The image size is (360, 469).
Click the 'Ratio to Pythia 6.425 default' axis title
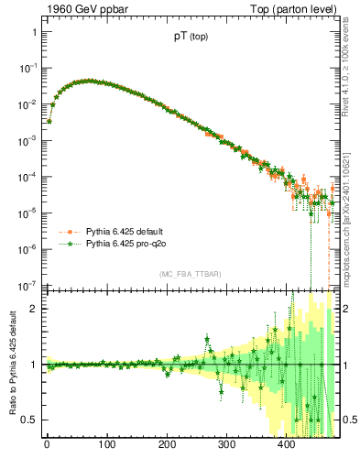12,363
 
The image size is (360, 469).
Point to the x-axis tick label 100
106,446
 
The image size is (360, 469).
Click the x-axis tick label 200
167,446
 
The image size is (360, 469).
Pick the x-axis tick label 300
226,446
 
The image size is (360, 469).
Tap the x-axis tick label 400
287,446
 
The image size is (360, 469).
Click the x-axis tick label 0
47,446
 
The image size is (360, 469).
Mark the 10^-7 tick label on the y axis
28,285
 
